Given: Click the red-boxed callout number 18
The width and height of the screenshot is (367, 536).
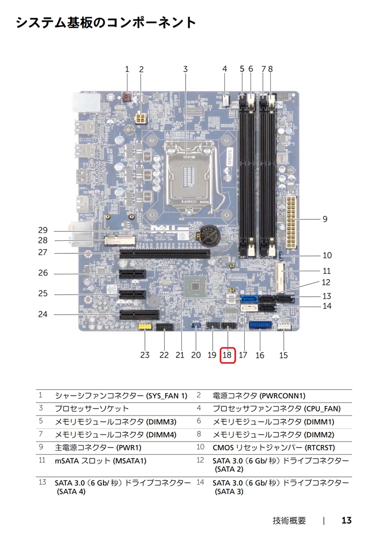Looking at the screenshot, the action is tap(227, 355).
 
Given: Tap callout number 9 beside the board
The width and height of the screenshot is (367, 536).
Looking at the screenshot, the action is tap(325, 219).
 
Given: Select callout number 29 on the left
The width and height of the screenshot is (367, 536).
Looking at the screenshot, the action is tap(43, 230).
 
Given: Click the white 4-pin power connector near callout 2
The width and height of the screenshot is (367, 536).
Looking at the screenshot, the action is tap(141, 119).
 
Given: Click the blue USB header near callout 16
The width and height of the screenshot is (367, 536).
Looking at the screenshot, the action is tap(260, 325).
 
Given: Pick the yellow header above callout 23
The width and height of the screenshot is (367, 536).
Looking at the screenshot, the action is tap(145, 327).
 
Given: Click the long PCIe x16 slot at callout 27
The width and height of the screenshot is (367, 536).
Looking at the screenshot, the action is tap(165, 254).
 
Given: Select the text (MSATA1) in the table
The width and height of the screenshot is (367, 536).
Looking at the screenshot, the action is tap(129, 461).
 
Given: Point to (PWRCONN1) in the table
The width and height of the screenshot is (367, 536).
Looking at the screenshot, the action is tap(283, 396).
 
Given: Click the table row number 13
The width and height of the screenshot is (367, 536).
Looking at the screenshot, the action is tap(42, 482).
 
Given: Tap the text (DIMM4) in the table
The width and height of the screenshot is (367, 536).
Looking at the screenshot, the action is tap(161, 435).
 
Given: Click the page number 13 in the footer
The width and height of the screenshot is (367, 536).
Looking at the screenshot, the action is tap(347, 520).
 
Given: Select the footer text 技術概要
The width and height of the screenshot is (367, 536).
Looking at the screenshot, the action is tap(289, 521).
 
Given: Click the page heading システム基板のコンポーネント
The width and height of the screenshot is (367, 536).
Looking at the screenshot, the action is tap(106, 23).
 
